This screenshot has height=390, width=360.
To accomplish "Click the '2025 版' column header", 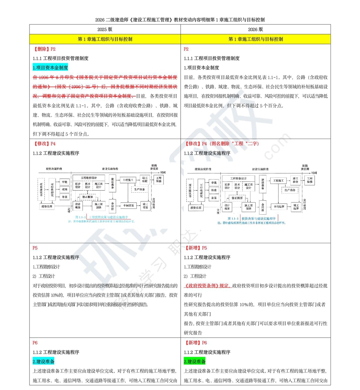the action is tap(105, 30).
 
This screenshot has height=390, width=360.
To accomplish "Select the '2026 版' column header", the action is tap(256, 30).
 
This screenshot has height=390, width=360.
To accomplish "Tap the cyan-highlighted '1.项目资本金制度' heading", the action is tap(50, 68).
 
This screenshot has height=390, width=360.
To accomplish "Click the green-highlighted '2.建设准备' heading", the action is tap(195, 361).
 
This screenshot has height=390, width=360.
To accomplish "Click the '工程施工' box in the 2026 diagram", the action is tap(278, 180).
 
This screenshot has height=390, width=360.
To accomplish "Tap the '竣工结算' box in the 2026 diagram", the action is tap(295, 207).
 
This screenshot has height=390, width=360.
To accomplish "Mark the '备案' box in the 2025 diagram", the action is tap(64, 197).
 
